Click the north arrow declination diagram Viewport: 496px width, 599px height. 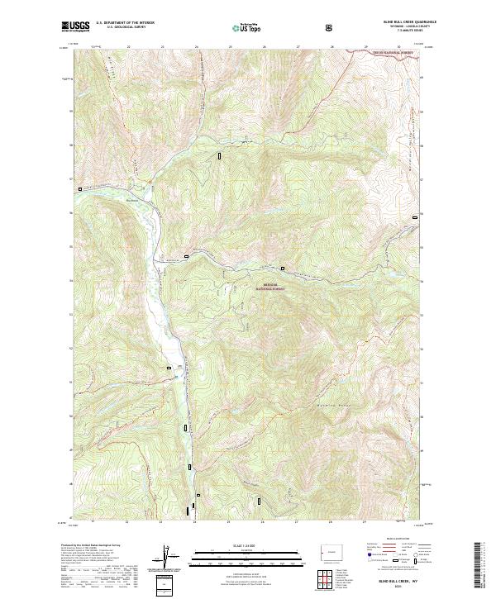coord(165,558)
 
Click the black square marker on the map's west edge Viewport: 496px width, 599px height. coord(79,189)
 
